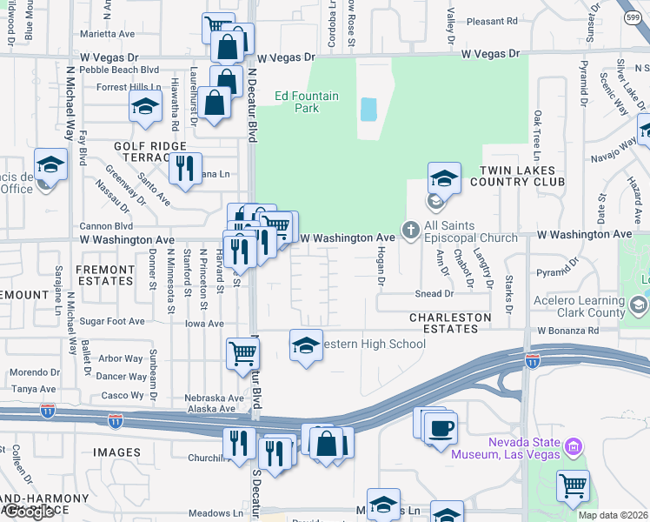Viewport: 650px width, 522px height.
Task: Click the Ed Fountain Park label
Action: [x=295, y=102]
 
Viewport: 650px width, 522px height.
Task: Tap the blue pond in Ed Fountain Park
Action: [x=368, y=109]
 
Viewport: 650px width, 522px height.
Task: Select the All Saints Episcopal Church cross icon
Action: [x=410, y=231]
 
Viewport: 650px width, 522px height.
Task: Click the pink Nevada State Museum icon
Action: [x=573, y=448]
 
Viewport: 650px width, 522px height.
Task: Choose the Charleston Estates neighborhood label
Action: [x=444, y=323]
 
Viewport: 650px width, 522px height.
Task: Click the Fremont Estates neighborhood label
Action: [x=105, y=275]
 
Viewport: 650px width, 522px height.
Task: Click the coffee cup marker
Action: [x=442, y=428]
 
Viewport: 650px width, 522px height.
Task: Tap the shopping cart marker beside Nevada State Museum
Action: [x=573, y=486]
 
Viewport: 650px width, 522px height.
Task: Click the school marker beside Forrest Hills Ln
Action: [x=145, y=107]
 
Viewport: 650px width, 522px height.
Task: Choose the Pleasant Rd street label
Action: [x=492, y=20]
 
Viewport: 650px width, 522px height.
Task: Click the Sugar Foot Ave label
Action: [x=112, y=321]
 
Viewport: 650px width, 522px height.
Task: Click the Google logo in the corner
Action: [x=28, y=512]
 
